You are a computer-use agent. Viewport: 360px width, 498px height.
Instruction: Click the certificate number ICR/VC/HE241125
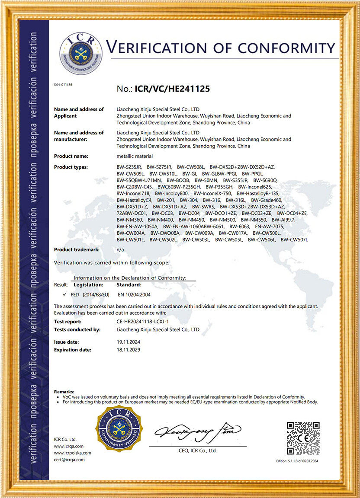click(173, 89)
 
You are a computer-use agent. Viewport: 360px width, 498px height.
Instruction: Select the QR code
click(303, 438)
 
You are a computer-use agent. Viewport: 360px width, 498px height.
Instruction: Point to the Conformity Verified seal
click(119, 429)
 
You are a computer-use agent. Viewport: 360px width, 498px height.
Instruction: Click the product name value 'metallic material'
click(135, 156)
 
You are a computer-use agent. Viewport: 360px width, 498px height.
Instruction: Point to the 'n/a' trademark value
click(121, 250)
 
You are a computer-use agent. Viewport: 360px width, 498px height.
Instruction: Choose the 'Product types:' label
click(71, 167)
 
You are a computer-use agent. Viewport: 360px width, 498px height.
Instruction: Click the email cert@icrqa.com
click(69, 460)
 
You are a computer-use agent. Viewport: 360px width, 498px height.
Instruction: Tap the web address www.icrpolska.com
click(72, 453)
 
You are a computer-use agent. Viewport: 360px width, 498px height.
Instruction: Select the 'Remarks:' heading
click(64, 391)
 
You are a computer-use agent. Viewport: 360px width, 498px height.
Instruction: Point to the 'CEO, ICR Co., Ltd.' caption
click(197, 450)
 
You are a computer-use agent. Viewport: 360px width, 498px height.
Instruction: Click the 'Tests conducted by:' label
click(77, 329)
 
